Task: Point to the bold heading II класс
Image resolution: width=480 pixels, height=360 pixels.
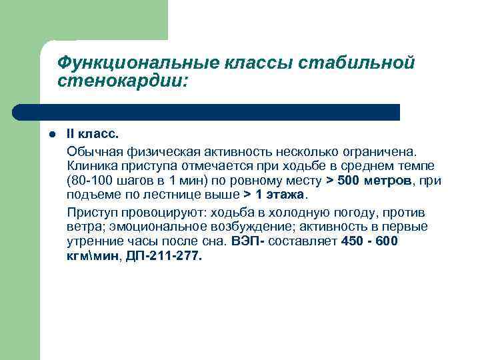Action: click(93, 133)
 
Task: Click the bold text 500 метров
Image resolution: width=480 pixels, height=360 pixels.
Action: click(374, 181)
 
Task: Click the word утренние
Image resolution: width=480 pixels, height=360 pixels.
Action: click(92, 243)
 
